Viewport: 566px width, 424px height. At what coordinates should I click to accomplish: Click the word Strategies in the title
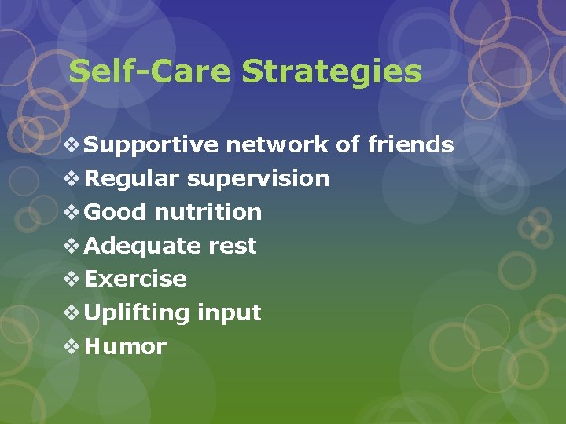coord(332,72)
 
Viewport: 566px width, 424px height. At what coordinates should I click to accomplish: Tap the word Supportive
coord(152,145)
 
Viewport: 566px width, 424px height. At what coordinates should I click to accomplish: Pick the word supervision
coord(258,179)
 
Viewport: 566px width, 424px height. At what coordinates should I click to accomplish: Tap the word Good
coord(116,212)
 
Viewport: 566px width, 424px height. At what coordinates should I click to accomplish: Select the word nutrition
coord(208,212)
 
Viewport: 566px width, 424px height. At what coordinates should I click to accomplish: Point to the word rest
coord(232,247)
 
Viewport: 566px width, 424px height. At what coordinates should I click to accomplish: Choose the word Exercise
coord(135,280)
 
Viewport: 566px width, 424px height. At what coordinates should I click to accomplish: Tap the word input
coord(229,313)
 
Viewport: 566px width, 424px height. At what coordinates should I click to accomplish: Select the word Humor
coord(126,347)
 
